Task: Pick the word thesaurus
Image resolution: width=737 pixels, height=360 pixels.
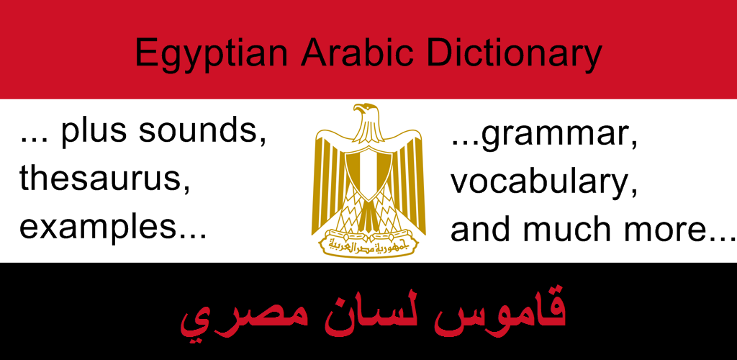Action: pos(104,179)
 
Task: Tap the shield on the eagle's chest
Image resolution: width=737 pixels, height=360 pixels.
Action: pos(368,174)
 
